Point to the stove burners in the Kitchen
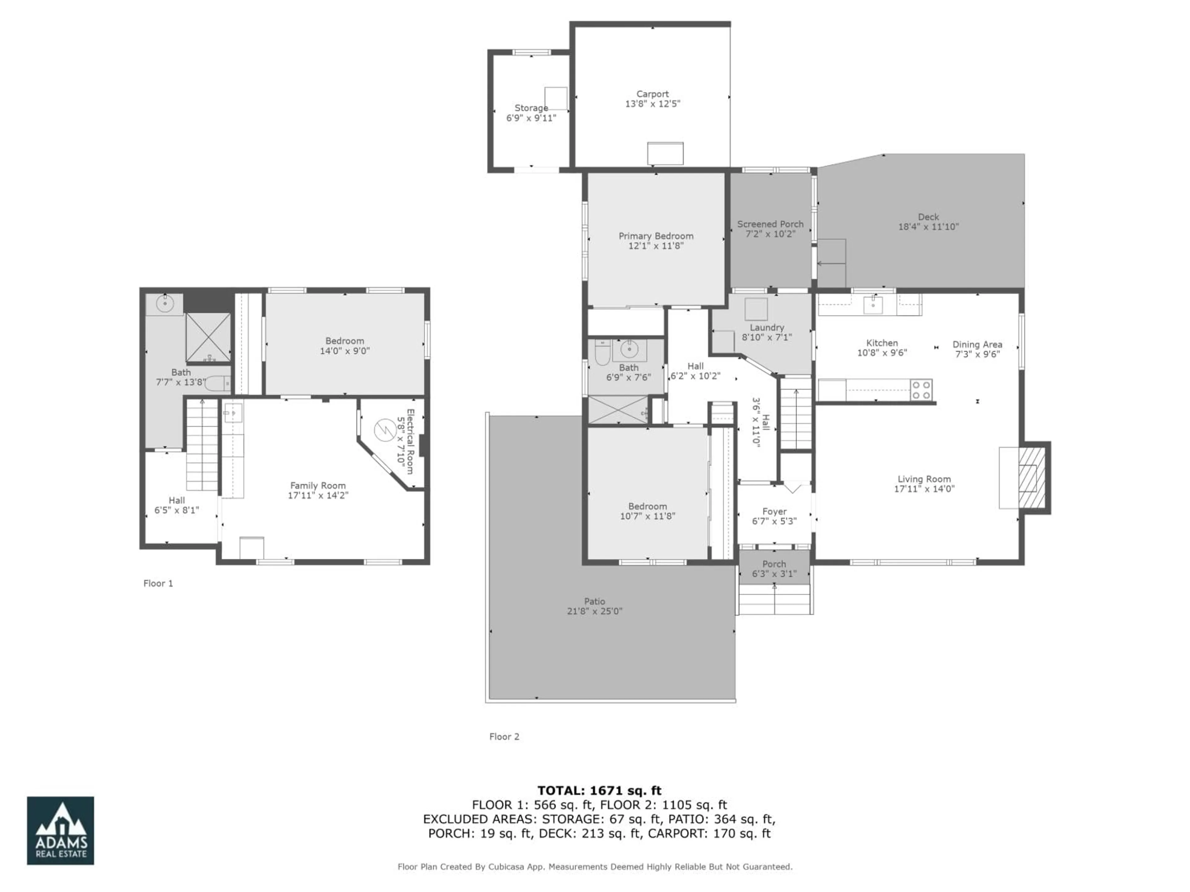(921, 390)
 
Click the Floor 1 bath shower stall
(208, 337)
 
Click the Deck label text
(928, 217)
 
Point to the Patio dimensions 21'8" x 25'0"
(594, 611)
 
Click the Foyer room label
(774, 511)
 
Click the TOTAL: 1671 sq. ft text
(599, 790)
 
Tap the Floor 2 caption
(504, 737)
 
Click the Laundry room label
(767, 327)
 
